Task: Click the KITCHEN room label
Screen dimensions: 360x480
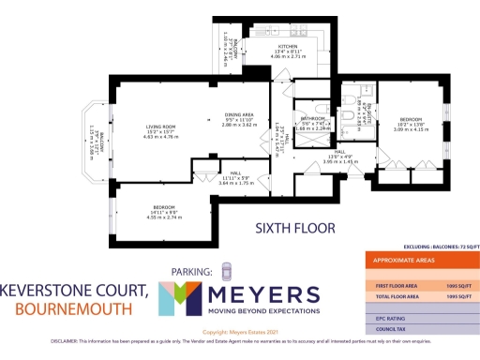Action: pyautogui.click(x=289, y=46)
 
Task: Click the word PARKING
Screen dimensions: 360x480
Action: pyautogui.click(x=192, y=272)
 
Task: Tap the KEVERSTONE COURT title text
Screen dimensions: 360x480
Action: pyautogui.click(x=74, y=290)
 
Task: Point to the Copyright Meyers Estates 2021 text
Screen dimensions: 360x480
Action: pyautogui.click(x=240, y=333)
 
